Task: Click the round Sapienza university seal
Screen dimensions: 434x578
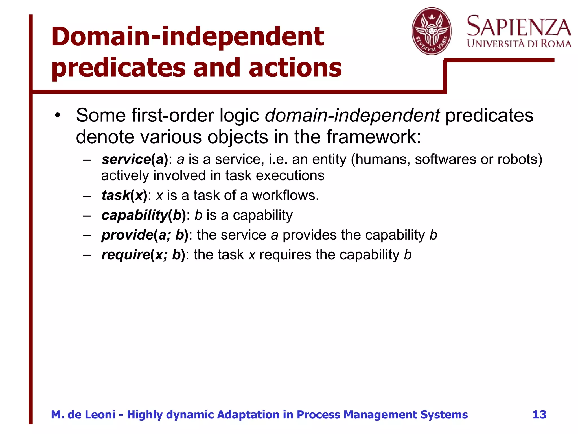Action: click(432, 31)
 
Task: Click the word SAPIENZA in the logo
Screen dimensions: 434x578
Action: click(519, 27)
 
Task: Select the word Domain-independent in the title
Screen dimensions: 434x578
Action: click(187, 37)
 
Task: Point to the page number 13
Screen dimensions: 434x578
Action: click(539, 415)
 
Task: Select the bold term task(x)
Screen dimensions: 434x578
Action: click(124, 195)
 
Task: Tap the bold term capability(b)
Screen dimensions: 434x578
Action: click(144, 215)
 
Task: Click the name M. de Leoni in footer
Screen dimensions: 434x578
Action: click(83, 415)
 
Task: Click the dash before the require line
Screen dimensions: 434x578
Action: click(87, 255)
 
